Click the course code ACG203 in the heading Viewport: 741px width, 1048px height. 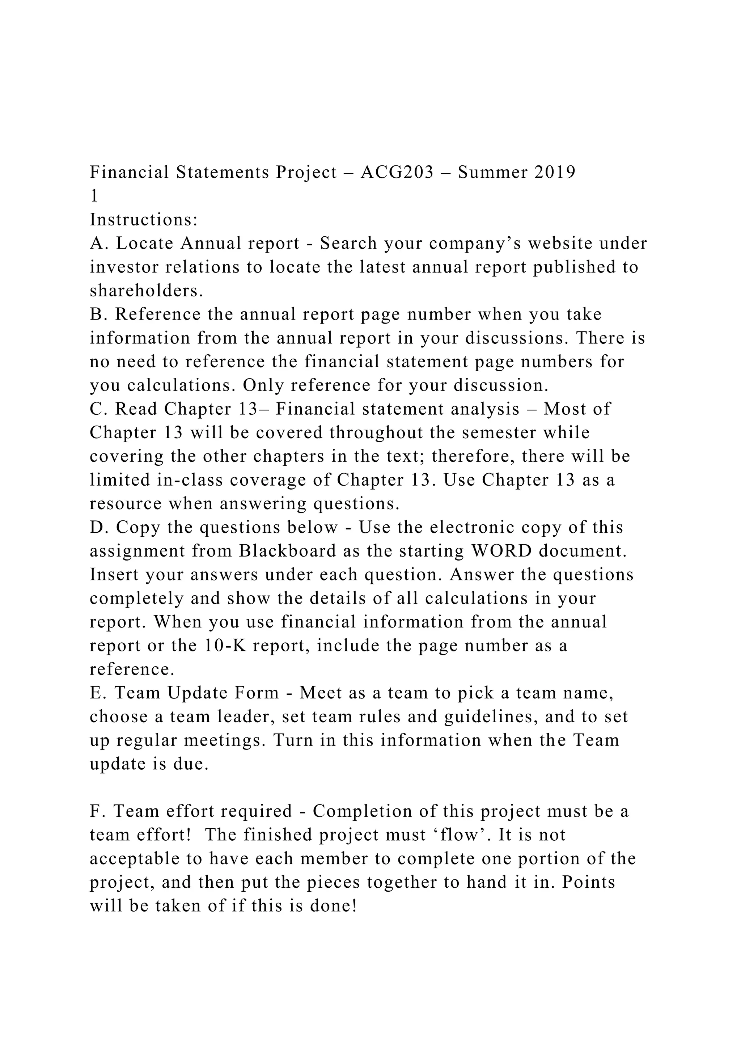click(x=397, y=173)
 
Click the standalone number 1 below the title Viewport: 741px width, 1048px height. click(x=94, y=196)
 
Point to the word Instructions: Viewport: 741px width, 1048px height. click(x=144, y=220)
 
